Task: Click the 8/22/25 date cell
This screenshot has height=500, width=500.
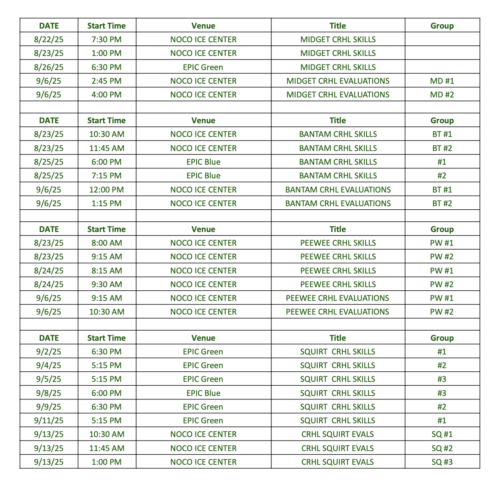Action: tap(49, 40)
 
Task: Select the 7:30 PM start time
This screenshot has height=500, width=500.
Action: tap(106, 40)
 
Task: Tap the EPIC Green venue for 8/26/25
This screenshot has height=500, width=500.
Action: tap(203, 67)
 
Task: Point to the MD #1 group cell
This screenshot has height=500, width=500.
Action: tap(442, 81)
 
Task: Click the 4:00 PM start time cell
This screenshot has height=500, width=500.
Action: tap(106, 95)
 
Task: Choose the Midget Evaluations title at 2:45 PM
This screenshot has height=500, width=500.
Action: tap(338, 81)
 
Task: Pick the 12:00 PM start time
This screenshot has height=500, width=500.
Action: tap(106, 190)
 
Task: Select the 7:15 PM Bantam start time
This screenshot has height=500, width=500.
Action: tap(106, 176)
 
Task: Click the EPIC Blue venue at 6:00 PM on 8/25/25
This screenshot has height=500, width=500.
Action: tap(203, 162)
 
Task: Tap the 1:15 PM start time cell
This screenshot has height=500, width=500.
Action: tap(106, 203)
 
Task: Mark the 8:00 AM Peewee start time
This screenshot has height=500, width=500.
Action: tap(106, 243)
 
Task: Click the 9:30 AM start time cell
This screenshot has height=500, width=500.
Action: tap(106, 284)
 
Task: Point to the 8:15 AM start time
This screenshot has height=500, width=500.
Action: tap(106, 271)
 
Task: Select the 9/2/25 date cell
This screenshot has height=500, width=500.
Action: tap(49, 352)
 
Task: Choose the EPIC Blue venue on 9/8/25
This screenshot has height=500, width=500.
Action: tap(203, 393)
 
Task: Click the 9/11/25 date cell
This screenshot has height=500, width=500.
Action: tap(49, 421)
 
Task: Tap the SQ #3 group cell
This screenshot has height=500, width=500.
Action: tap(442, 462)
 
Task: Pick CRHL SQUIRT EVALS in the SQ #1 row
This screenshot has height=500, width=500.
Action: tap(338, 434)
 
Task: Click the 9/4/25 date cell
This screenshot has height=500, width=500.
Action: tap(49, 365)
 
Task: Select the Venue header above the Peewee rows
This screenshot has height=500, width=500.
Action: tap(203, 229)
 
